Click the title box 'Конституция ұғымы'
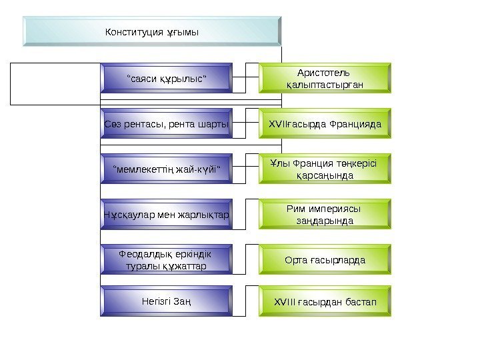[x=150, y=32]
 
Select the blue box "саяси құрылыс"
[x=167, y=78]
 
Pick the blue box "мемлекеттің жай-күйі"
[x=167, y=169]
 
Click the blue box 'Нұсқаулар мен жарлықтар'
[x=167, y=214]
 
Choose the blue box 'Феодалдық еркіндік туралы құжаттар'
[x=167, y=259]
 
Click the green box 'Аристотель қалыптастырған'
[x=325, y=77]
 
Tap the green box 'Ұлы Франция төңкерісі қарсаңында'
[x=325, y=169]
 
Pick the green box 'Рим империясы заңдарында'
[x=325, y=214]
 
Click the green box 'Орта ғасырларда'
[x=325, y=259]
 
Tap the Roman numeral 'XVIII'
[x=285, y=302]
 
